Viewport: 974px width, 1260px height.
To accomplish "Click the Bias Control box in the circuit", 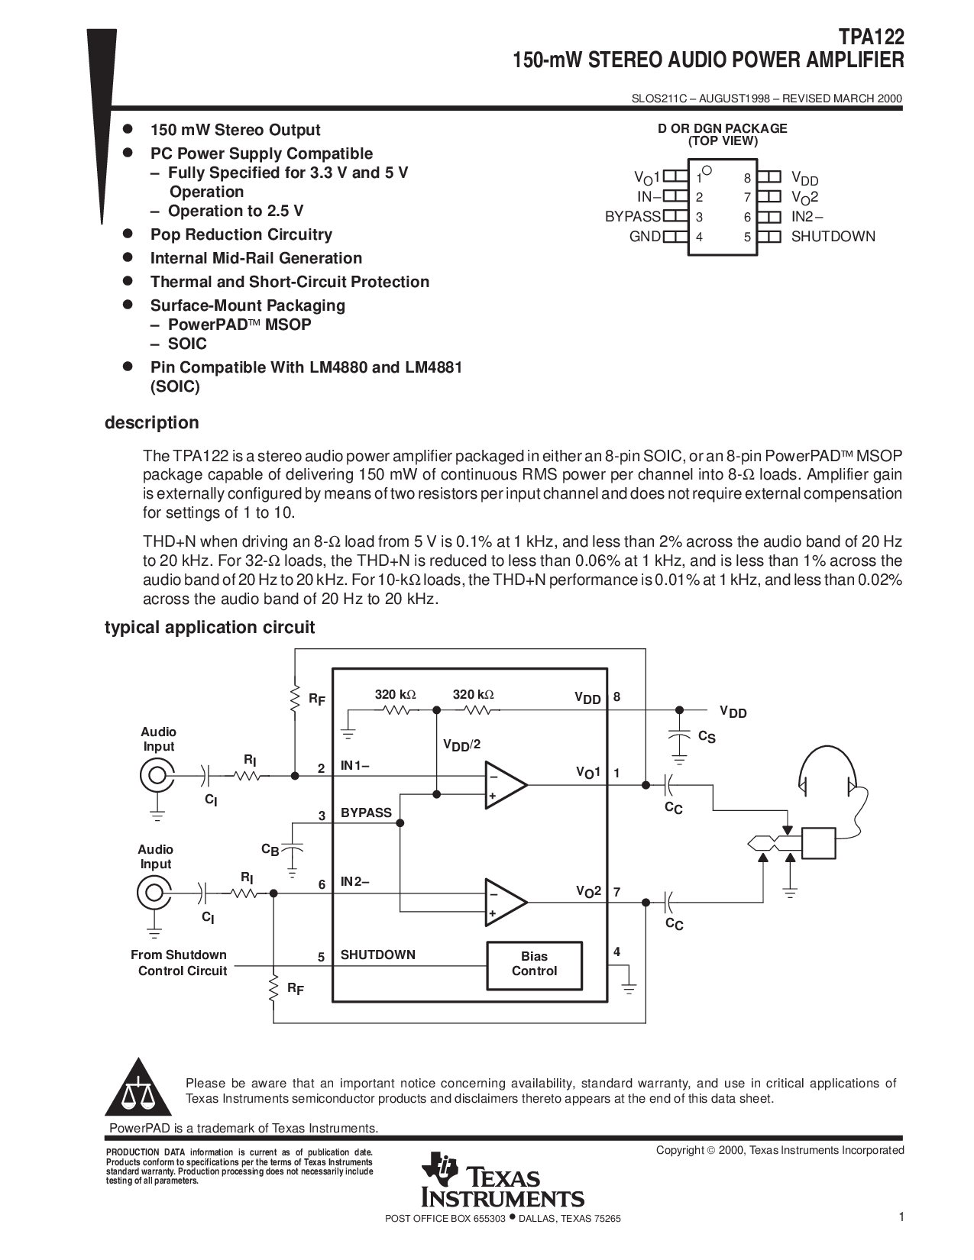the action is (534, 965).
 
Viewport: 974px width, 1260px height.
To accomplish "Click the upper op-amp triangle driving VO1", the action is (506, 785).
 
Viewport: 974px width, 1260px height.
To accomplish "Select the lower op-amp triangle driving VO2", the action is (506, 903).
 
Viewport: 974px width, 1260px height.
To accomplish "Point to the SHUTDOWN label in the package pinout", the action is (833, 237).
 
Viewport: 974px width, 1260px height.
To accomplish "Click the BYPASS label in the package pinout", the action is (633, 217).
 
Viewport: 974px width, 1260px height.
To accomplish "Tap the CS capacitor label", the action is (707, 737).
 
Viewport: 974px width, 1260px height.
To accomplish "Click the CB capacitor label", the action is (270, 849).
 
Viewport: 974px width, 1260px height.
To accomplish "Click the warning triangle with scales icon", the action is (138, 1087).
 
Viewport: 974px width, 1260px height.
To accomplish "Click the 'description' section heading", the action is (151, 423).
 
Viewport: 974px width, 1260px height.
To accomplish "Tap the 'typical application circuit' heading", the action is (209, 628).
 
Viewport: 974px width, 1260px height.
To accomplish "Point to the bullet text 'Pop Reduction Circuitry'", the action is (241, 234).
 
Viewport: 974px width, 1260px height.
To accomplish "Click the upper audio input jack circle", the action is (157, 775).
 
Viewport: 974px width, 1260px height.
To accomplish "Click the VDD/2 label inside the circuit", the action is (461, 745).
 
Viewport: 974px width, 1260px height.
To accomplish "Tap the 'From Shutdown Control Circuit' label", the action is (179, 962).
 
